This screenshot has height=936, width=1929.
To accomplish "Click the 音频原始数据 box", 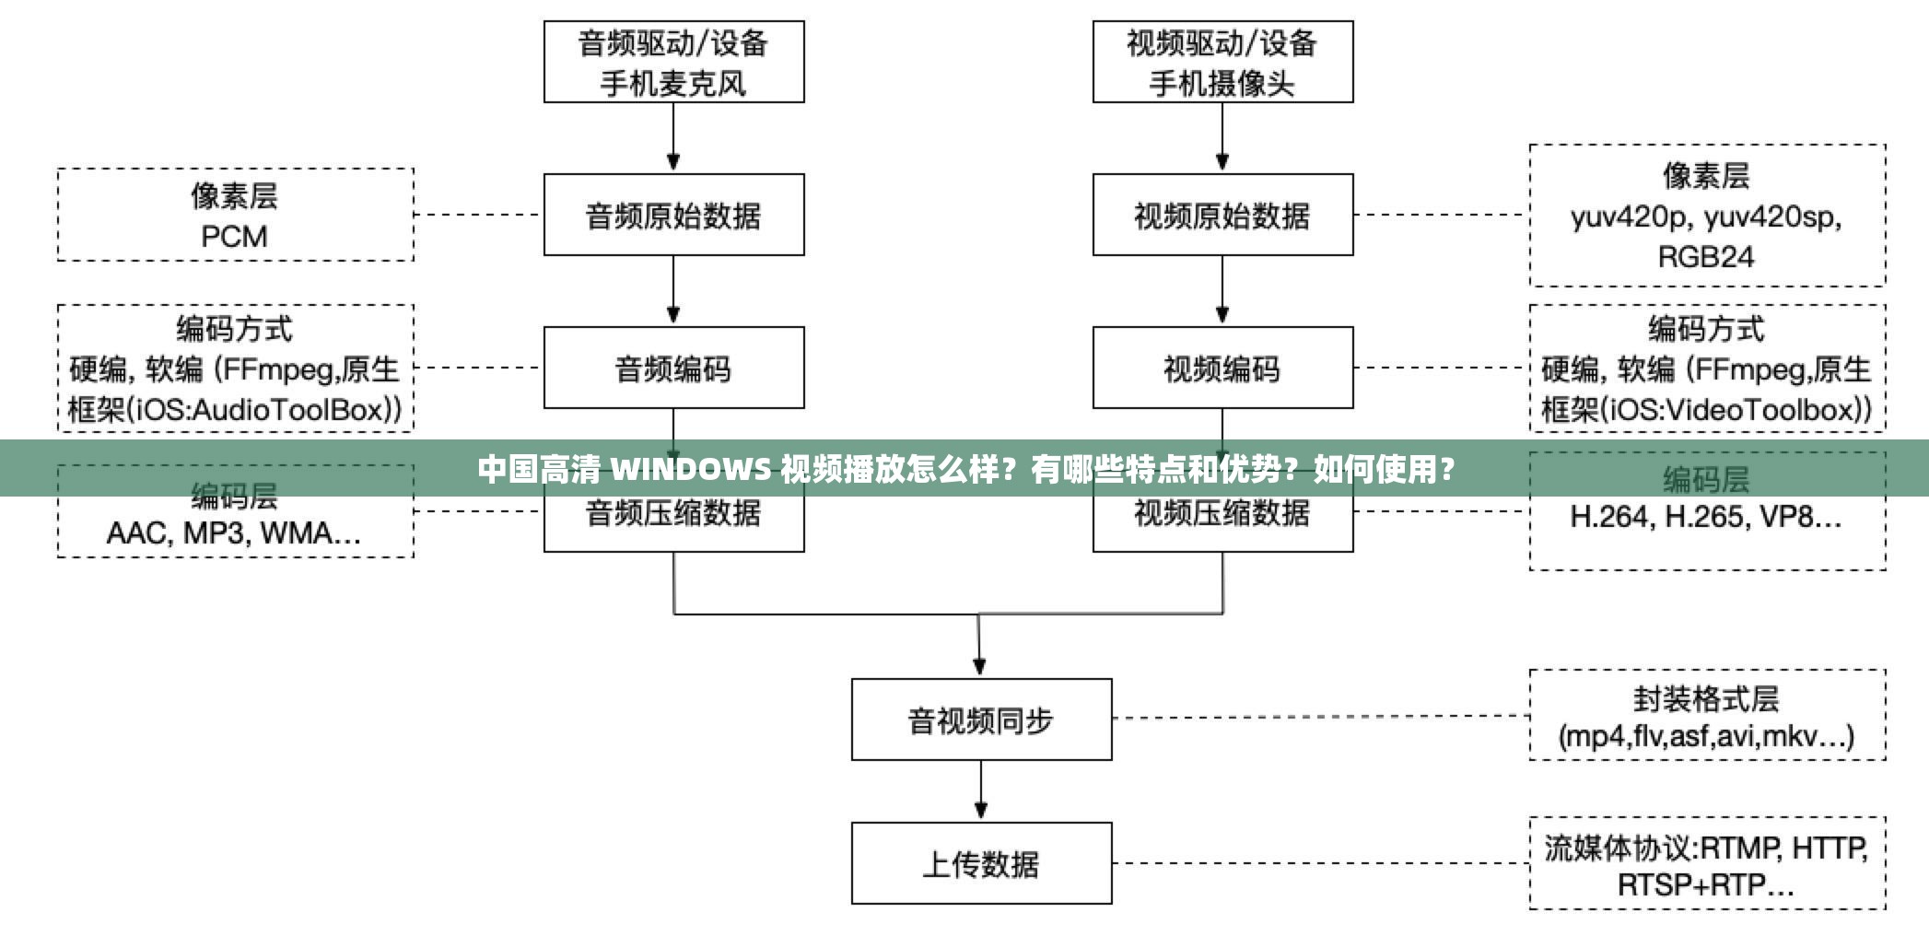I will coord(673,215).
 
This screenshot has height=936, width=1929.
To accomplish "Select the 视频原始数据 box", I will coord(1222,215).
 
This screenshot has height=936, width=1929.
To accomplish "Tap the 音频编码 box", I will coord(673,369).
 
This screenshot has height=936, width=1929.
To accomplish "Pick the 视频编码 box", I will coord(1222,369).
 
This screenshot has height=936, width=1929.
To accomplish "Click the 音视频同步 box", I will coord(981,720).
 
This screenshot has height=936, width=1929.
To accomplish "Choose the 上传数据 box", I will coord(981,863).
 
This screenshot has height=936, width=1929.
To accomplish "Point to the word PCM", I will coord(234,237).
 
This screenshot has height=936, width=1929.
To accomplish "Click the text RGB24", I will coord(1706,256).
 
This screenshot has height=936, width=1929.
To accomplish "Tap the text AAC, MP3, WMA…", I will coord(234,532).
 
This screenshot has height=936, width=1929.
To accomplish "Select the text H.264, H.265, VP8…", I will coord(1706,517).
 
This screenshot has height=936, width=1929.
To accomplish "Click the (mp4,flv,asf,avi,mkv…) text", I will coord(1706,736).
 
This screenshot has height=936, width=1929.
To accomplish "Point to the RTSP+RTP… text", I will coord(1706,885).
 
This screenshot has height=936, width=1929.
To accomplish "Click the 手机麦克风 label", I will coord(673,84).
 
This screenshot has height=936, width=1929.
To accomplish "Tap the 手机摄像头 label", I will coord(1222,84).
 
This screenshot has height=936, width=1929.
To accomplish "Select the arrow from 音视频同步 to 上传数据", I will coord(981,790).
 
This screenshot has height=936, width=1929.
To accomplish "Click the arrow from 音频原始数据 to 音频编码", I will coord(673,289).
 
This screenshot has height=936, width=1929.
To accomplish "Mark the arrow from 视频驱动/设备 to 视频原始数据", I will coord(1222,136).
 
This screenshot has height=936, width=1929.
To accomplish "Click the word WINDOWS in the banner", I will coord(691,470).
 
